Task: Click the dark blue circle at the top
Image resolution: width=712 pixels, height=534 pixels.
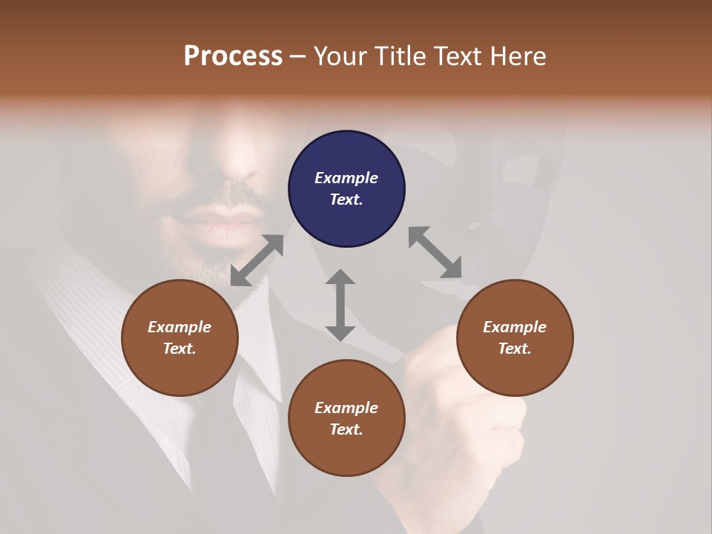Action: (x=346, y=189)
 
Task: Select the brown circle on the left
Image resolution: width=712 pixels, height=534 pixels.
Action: (x=179, y=337)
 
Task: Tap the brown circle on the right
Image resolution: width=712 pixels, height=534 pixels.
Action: (x=515, y=337)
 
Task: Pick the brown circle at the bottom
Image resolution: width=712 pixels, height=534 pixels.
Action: (x=346, y=418)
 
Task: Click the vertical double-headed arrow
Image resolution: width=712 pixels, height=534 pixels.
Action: (x=340, y=305)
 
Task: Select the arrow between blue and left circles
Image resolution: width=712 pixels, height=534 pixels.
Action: (x=257, y=260)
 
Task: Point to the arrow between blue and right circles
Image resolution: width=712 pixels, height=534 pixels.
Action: (x=435, y=253)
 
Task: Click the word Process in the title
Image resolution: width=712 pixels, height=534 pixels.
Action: (x=233, y=56)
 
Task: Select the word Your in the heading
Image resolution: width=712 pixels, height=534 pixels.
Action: (x=338, y=56)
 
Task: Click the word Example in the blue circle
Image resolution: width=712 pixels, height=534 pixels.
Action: (x=346, y=178)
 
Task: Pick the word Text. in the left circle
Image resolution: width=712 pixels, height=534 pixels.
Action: (x=179, y=349)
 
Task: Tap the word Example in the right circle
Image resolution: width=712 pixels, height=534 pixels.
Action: (x=515, y=327)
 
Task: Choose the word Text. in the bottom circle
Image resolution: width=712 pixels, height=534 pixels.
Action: (x=346, y=429)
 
